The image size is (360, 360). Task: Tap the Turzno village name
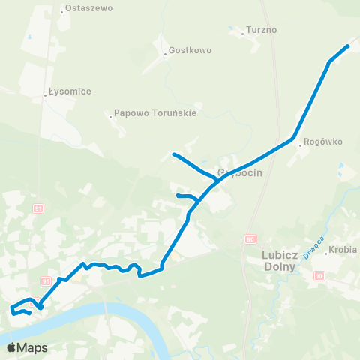(x=262, y=31)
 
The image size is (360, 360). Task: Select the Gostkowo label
(x=190, y=51)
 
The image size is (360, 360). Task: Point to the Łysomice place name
(x=69, y=91)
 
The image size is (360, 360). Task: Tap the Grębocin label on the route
(x=239, y=172)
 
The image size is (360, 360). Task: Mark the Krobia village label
(x=343, y=249)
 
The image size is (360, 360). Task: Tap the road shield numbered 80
(x=250, y=238)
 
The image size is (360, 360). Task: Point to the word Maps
(x=32, y=347)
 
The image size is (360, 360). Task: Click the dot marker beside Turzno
(x=244, y=32)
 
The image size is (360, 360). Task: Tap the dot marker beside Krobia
(x=325, y=253)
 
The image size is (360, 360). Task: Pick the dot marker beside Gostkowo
(x=165, y=53)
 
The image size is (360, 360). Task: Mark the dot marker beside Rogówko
(x=299, y=145)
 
